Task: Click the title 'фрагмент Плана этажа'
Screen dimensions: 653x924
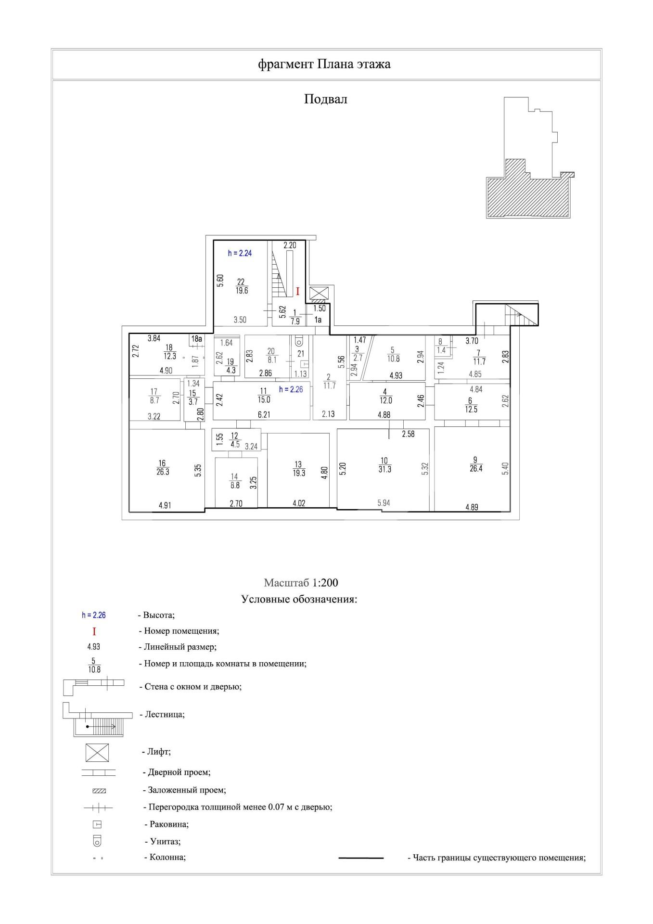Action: pos(324,64)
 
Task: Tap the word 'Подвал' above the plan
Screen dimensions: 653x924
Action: pos(325,99)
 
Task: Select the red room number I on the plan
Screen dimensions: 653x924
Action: pos(297,292)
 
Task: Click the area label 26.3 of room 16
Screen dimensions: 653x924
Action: pos(163,472)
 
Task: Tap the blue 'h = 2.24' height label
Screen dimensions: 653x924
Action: pos(240,253)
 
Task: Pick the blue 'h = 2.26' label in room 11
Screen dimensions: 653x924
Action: pos(291,389)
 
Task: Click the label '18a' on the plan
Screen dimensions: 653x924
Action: pos(196,339)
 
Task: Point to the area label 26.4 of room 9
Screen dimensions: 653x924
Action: pos(475,469)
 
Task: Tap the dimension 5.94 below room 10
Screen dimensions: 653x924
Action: pos(384,503)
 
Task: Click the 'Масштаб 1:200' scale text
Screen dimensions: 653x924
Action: pos(301,583)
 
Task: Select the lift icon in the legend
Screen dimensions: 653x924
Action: pos(97,753)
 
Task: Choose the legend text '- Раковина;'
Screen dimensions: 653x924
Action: pos(166,824)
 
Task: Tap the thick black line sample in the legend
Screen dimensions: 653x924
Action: pos(361,858)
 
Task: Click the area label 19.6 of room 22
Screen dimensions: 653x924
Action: pos(242,291)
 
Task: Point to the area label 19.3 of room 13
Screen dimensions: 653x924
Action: pos(299,473)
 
